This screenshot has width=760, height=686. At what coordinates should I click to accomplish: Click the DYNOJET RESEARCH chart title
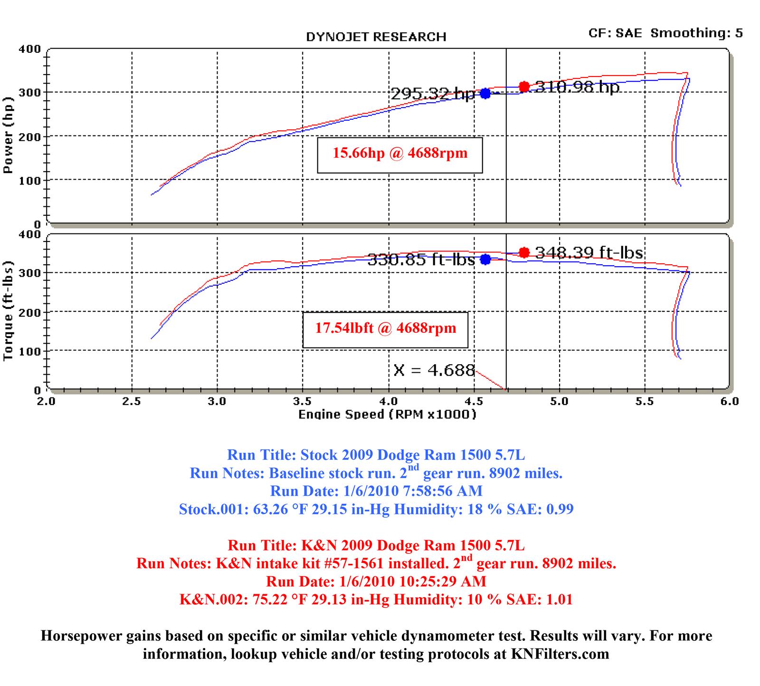[x=376, y=37]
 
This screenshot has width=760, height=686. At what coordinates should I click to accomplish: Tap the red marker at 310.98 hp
[x=524, y=87]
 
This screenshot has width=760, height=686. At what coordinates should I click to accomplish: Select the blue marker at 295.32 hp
[x=485, y=93]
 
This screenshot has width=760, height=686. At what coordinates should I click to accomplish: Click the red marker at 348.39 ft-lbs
[x=524, y=252]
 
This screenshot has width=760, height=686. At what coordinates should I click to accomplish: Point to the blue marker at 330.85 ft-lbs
[x=485, y=259]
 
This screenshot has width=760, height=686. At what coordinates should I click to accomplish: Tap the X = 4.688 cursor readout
[x=434, y=370]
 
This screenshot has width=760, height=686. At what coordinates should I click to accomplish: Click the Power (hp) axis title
[x=8, y=136]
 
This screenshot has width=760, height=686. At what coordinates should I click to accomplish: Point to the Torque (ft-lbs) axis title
[x=8, y=311]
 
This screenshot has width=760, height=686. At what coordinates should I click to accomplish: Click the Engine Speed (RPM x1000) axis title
[x=387, y=415]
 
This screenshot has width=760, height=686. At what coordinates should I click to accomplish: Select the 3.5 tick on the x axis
[x=303, y=401]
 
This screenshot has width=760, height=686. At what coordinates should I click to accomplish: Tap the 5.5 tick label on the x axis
[x=645, y=401]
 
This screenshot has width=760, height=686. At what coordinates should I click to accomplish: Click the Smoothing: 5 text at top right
[x=696, y=33]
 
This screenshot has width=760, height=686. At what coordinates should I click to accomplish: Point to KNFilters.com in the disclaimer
[x=560, y=654]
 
